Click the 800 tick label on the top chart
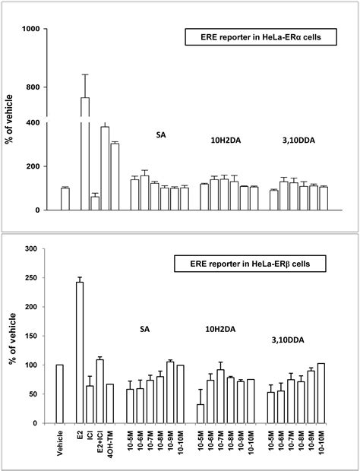[33, 87]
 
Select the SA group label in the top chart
[160, 135]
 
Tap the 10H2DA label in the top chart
[226, 140]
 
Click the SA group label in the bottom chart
[144, 329]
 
